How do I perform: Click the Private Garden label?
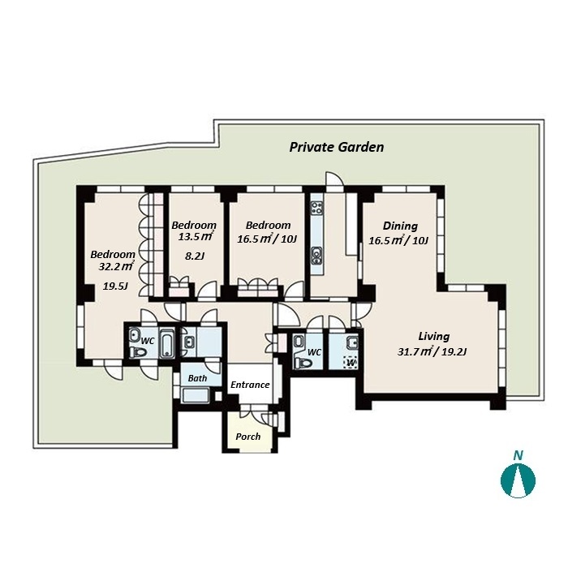click(337, 147)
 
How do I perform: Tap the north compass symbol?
click(518, 480)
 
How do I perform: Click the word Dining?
click(400, 226)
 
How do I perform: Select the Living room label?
click(433, 337)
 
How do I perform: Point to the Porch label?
click(248, 437)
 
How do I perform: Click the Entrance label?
click(250, 385)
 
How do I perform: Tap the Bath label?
click(197, 378)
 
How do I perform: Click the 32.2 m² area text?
click(117, 266)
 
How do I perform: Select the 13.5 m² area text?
click(196, 236)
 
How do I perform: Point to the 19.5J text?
click(115, 286)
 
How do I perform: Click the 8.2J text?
click(195, 256)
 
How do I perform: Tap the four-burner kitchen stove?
click(317, 207)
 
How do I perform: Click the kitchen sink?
click(317, 256)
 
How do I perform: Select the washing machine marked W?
click(351, 362)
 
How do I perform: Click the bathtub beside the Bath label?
click(196, 395)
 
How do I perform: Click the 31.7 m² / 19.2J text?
click(432, 351)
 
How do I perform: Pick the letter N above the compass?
click(519, 455)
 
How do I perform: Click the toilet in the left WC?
click(138, 351)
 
